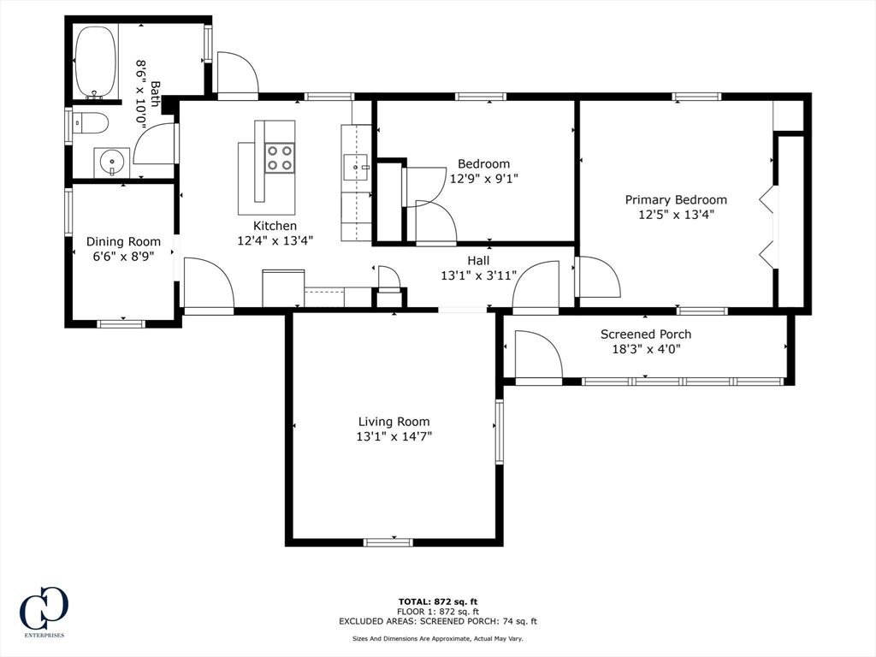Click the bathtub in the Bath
95,62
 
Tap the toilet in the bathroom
91,124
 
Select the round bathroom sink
110,162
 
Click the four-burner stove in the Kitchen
280,158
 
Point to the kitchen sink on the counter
355,167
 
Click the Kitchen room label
275,226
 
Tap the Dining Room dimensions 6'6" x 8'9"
123,257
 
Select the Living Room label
394,422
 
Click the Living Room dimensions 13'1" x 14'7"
394,436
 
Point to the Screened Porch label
645,334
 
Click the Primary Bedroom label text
676,200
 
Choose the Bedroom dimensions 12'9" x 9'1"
483,179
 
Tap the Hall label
478,261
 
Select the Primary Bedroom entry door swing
598,277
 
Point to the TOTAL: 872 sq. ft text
437,601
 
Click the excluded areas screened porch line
437,622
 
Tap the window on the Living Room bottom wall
388,542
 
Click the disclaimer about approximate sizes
437,638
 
